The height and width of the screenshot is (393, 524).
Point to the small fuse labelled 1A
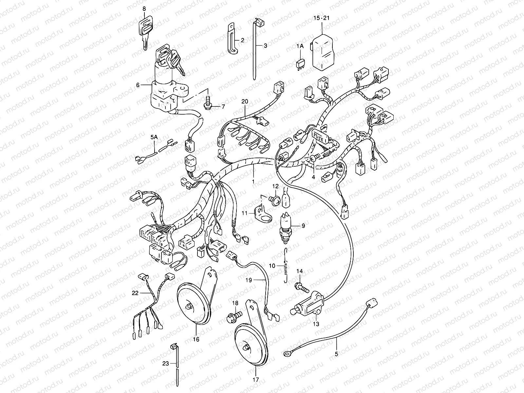(300, 63)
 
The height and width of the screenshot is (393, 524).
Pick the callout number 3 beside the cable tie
(265, 46)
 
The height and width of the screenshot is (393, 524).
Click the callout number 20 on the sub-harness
(245, 102)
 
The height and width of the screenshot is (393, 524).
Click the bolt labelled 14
(303, 288)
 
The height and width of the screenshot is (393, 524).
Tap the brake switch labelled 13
(308, 303)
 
